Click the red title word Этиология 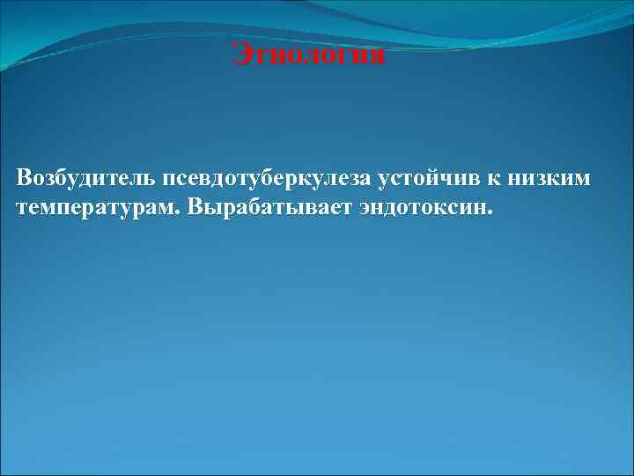(309, 56)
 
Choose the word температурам (95, 210)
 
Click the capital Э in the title (240, 56)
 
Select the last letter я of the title (378, 56)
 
